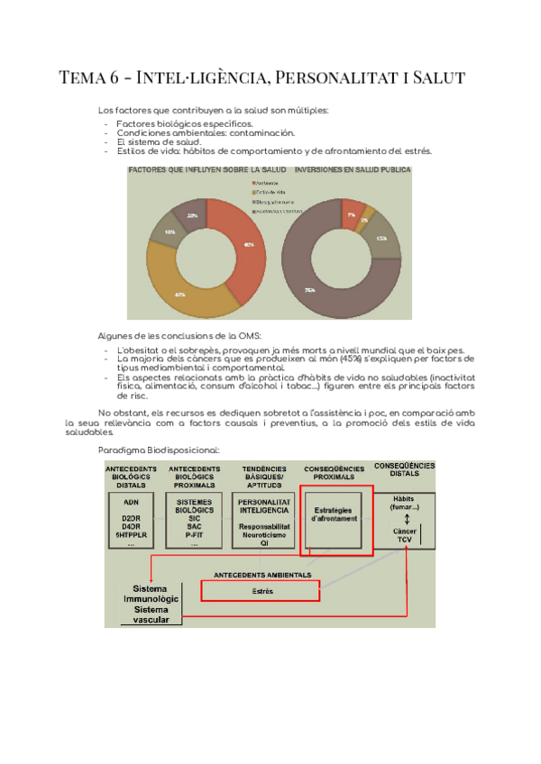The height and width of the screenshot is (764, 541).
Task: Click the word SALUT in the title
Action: point(435,77)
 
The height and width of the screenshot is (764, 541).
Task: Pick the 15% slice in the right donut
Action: point(383,239)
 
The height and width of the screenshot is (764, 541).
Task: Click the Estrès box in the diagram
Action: point(261,591)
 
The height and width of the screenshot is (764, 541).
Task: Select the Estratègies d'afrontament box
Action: point(335,514)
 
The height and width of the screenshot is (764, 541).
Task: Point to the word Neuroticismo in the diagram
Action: point(263,535)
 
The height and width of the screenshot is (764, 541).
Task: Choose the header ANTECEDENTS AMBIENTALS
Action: point(262,574)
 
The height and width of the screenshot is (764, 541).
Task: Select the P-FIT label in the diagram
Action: point(195,534)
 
